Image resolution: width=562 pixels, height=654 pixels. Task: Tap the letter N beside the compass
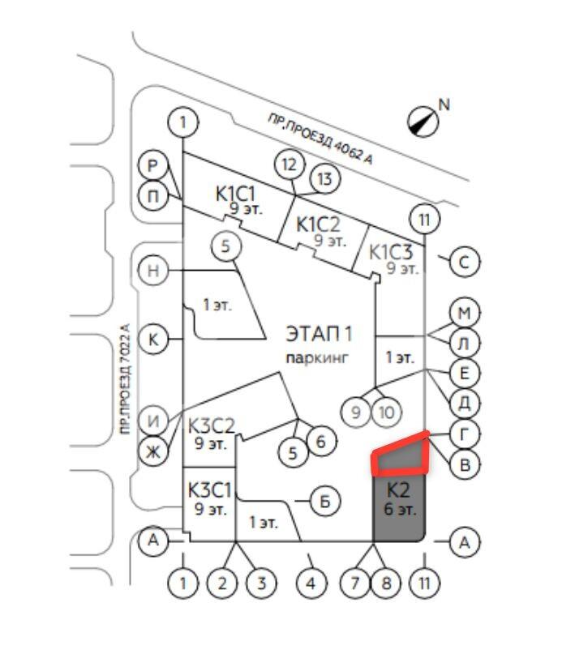click(444, 104)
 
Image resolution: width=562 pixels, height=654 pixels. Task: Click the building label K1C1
click(235, 194)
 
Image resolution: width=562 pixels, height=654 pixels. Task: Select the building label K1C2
click(317, 224)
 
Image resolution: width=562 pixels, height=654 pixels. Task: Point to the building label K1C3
click(391, 251)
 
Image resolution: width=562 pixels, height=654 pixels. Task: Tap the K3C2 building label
click(211, 426)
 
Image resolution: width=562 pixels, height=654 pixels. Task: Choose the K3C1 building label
click(210, 489)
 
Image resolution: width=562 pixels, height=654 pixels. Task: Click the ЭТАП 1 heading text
click(319, 333)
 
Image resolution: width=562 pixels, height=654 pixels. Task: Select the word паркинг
click(315, 357)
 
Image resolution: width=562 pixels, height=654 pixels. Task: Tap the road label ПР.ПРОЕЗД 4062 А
click(320, 139)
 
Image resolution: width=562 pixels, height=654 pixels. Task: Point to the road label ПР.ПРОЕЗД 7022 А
click(124, 380)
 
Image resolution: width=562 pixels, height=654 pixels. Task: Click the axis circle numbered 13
click(324, 179)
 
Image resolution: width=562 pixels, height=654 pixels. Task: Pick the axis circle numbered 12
click(289, 165)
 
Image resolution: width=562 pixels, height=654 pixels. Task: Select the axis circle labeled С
click(465, 262)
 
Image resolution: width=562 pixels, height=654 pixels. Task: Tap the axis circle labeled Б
click(325, 502)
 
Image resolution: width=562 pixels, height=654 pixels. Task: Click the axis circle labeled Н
click(153, 270)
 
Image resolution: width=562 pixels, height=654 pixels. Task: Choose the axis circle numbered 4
click(310, 583)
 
